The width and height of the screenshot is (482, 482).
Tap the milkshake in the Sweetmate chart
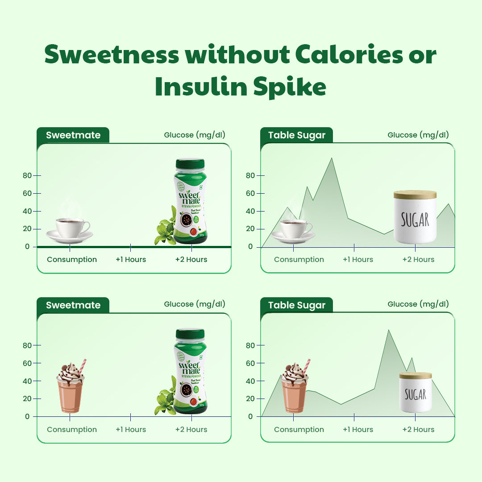71,388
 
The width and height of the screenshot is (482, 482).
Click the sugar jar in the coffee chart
415,217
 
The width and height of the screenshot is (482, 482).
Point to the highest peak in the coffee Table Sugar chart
331,158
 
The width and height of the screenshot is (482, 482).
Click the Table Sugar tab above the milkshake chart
297,305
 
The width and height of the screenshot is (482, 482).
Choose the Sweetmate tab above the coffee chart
73,135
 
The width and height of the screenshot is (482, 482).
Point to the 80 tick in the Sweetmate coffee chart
28,175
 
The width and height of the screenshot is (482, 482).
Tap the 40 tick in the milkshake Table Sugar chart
250,381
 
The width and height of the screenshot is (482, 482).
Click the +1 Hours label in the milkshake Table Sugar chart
357,429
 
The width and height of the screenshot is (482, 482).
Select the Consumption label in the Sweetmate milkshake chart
72,429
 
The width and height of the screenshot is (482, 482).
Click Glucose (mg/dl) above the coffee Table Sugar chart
418,135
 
